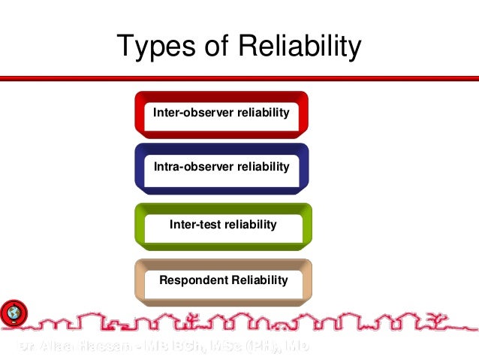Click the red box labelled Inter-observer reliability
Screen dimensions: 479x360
[x=221, y=113]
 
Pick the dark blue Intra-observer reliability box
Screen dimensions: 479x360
[x=221, y=168]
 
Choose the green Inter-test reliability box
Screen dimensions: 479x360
[x=223, y=225]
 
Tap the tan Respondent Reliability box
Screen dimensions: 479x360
[x=223, y=281]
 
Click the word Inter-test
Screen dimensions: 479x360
[x=197, y=224]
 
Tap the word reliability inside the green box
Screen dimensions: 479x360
[x=251, y=224]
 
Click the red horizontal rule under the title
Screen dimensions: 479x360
[x=239, y=77]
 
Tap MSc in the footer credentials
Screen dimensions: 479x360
[x=218, y=346]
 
